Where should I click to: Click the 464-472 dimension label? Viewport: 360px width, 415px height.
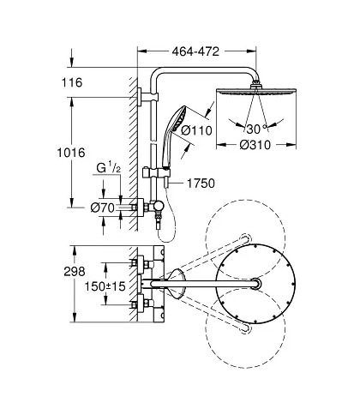[x=195, y=51]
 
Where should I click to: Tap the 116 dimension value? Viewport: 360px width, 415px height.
[x=72, y=82]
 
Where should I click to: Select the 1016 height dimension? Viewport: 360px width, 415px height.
[x=71, y=153]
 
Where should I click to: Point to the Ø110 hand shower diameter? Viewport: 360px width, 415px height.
[x=197, y=130]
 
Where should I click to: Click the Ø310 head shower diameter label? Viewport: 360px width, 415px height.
[x=255, y=145]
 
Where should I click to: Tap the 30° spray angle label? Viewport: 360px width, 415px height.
[x=256, y=129]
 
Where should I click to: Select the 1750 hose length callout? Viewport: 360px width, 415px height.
[x=201, y=183]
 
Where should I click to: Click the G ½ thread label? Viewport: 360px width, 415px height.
[x=109, y=168]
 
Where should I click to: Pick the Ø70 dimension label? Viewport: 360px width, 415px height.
[x=102, y=208]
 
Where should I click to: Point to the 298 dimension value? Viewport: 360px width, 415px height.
[x=75, y=272]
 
